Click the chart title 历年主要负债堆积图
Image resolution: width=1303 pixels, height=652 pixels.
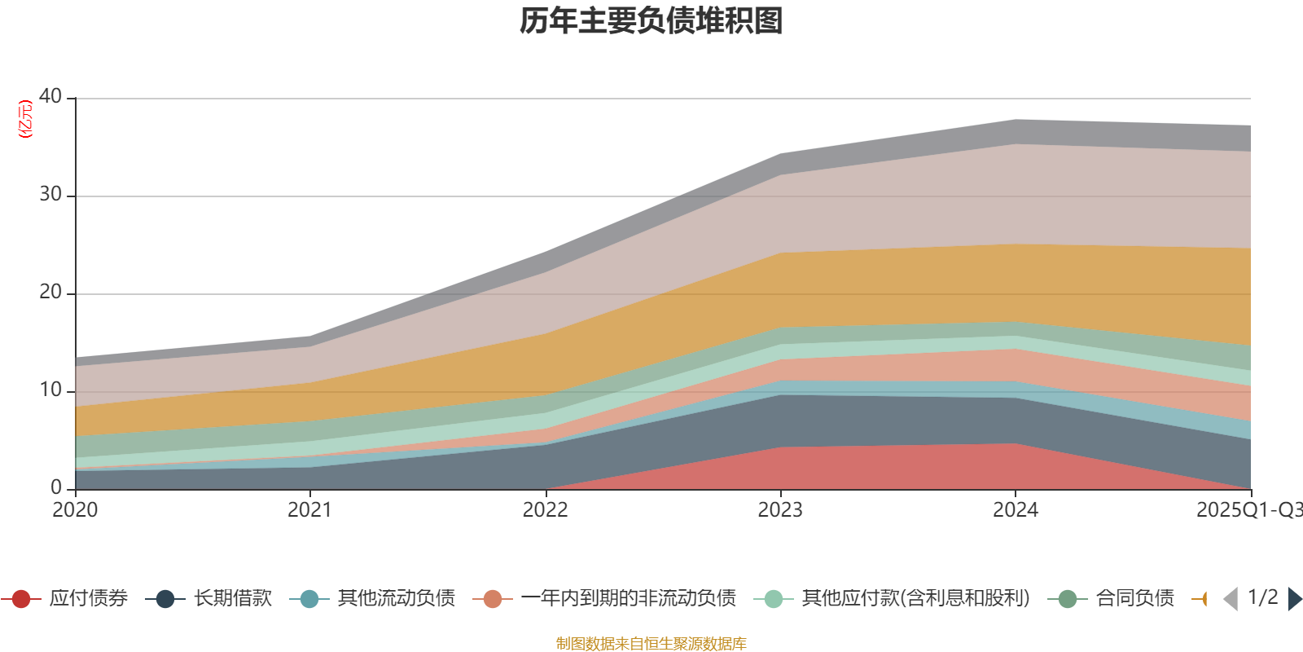(651, 21)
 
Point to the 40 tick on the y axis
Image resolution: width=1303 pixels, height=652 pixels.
(50, 96)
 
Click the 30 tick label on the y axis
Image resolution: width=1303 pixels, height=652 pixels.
(50, 194)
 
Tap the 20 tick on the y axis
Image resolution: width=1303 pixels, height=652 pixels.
(50, 292)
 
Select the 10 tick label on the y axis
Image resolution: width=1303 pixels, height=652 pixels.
(50, 390)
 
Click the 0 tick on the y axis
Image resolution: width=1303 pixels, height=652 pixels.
(56, 487)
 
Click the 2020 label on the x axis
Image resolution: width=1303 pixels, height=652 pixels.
(75, 510)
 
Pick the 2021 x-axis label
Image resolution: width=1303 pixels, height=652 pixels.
(309, 510)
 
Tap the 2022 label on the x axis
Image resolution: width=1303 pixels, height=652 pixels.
(545, 510)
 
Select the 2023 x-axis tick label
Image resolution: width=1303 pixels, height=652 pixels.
(780, 510)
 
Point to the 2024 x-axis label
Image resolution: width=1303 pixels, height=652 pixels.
(1015, 510)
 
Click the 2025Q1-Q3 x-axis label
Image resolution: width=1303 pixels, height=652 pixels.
(1248, 510)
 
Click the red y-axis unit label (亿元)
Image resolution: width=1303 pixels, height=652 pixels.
(26, 119)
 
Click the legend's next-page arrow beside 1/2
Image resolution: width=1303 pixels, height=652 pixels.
(1294, 599)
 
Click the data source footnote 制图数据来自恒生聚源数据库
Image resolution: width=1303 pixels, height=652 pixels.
(651, 644)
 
